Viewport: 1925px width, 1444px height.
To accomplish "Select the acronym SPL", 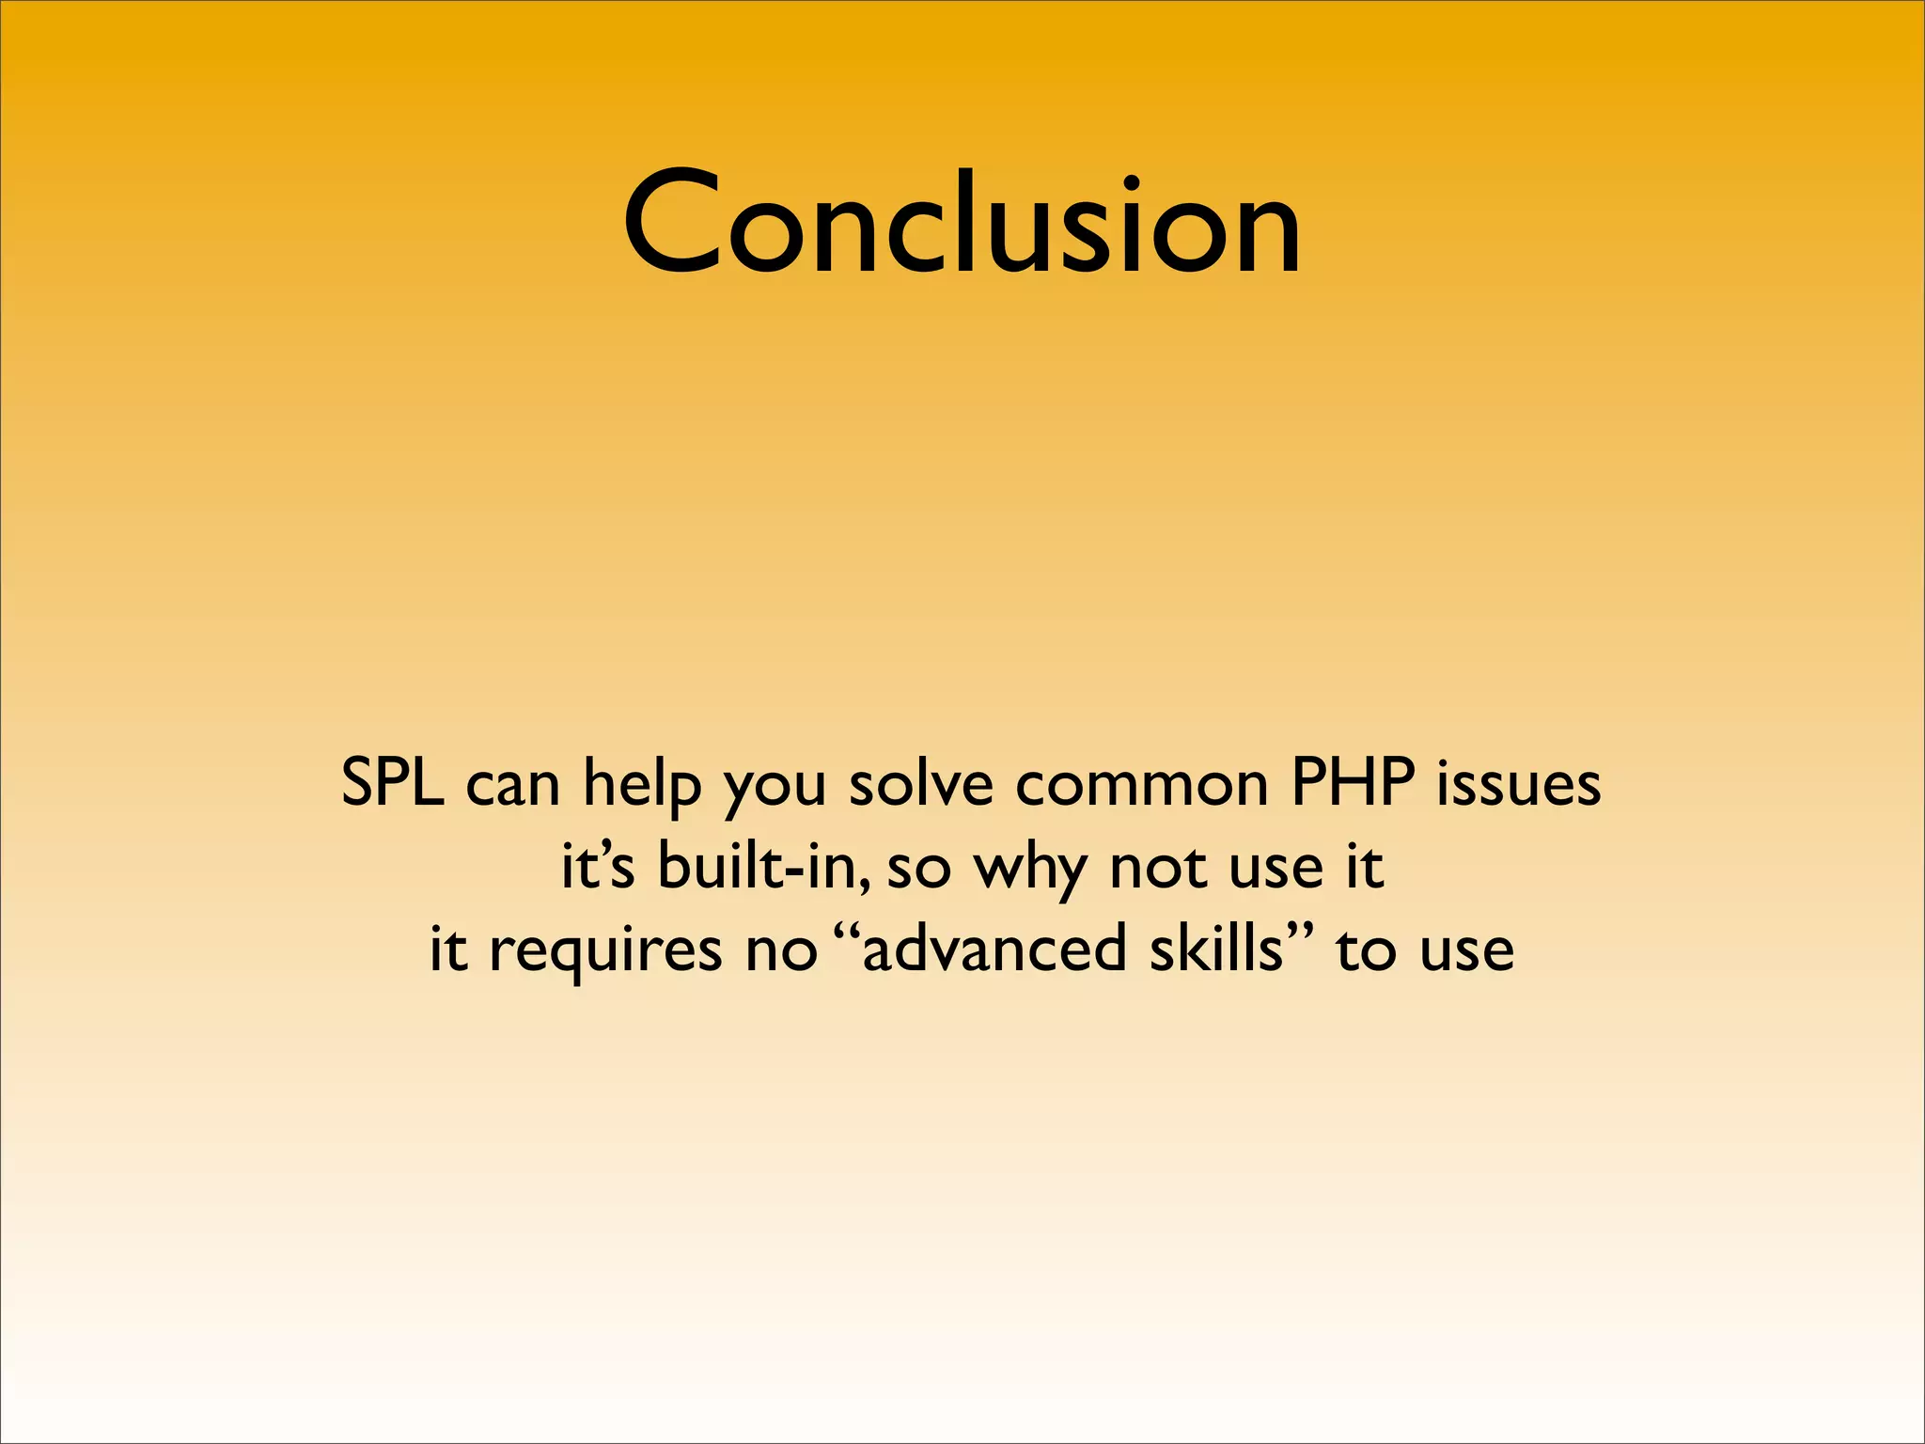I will [x=392, y=782].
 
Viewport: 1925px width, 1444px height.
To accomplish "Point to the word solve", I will [x=921, y=782].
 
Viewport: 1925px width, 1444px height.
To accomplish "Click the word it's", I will [x=598, y=865].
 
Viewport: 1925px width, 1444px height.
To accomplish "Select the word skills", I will [x=1215, y=948].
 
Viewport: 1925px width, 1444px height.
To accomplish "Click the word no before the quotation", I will [x=781, y=950].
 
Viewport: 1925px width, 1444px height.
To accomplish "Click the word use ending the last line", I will [x=1466, y=950].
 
